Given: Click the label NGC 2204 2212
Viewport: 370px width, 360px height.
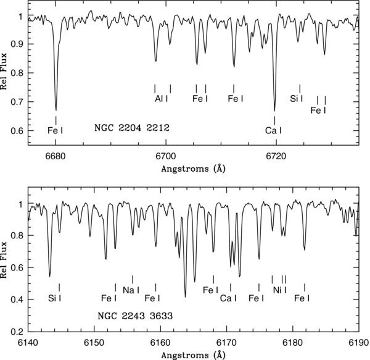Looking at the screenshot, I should coord(131,129).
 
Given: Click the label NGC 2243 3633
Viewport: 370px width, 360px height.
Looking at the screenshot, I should coord(134,316).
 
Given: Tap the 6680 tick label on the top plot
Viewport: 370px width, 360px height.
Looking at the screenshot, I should coord(55,157).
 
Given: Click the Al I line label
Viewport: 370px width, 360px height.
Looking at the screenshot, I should coord(162,98).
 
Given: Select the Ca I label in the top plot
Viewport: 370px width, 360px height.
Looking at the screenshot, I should coord(273,130).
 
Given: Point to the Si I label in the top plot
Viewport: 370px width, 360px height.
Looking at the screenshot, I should coord(297,98).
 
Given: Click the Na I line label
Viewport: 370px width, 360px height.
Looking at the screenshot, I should coord(131,290).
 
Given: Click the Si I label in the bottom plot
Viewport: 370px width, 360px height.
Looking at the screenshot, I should coord(55,299).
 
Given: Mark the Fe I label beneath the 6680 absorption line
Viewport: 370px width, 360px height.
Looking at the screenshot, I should coord(55,130).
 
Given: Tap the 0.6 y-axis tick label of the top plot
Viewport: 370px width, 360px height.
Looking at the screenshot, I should coord(20,131).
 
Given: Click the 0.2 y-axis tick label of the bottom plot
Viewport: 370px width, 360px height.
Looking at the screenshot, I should coord(20,332).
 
